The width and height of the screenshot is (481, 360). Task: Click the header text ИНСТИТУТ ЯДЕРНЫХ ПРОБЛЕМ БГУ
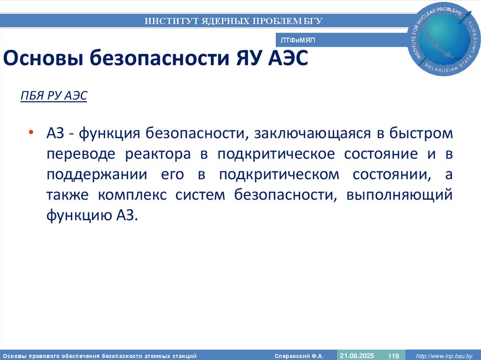click(x=233, y=21)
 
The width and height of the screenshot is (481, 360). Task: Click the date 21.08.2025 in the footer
click(x=357, y=355)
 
